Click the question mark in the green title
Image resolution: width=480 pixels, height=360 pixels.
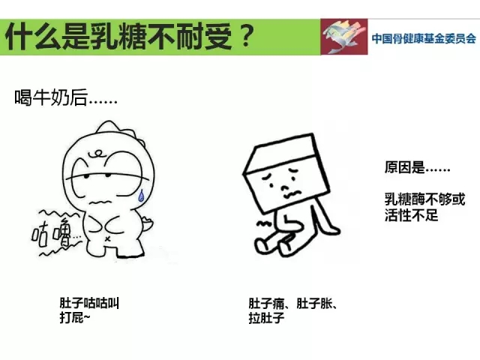tap(247, 35)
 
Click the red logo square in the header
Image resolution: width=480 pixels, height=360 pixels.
tap(344, 37)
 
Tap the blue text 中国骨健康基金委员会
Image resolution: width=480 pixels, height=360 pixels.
tap(424, 38)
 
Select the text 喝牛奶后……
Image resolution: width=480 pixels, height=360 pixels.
tap(66, 97)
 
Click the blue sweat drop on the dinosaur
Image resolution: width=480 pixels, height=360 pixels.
tap(141, 196)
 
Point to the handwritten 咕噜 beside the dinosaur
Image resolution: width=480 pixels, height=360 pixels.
tap(52, 234)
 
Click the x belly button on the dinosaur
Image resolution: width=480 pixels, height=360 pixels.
tap(107, 238)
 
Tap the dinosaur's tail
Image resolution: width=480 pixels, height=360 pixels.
tap(148, 224)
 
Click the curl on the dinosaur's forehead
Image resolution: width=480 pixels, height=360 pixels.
tap(97, 153)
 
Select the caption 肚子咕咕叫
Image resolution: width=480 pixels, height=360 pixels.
tap(89, 303)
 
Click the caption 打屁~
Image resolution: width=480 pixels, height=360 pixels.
tap(75, 318)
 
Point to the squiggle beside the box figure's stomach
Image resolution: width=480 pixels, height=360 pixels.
tap(264, 223)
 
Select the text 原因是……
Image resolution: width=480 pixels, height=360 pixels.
tap(417, 167)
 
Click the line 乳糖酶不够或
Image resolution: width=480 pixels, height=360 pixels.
tap(425, 199)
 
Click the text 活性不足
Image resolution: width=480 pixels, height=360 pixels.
tap(411, 215)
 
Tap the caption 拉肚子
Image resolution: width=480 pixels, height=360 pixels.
tap(266, 318)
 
